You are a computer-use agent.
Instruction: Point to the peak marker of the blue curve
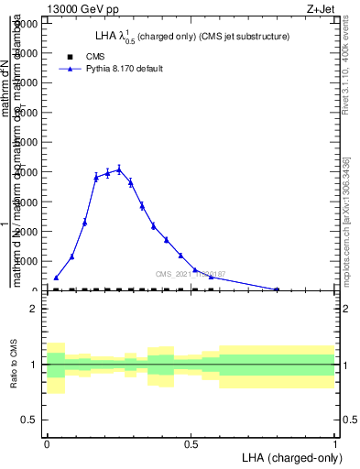[x=119, y=169]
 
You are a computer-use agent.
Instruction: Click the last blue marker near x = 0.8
[x=277, y=289]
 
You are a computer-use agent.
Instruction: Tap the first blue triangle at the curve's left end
[x=56, y=277]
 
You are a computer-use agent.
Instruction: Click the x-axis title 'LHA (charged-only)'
[x=290, y=456]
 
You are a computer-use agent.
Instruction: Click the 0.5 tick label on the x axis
[x=191, y=442]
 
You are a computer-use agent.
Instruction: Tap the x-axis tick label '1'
[x=334, y=442]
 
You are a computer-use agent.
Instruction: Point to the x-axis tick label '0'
[x=47, y=442]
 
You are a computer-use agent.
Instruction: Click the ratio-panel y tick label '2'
[x=33, y=309]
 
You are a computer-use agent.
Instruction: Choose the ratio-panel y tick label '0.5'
[x=28, y=420]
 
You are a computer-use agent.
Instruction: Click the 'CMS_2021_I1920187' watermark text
[x=191, y=274]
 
